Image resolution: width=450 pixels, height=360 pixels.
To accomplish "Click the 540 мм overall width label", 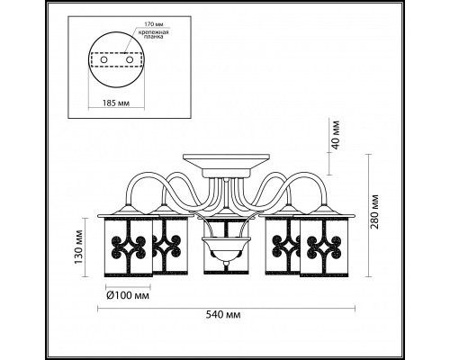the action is (223, 315).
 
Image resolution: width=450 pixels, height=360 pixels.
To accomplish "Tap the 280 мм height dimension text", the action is (374, 211).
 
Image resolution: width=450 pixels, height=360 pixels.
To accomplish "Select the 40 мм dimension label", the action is (336, 135).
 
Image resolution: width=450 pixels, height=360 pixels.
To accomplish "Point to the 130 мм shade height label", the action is (78, 247).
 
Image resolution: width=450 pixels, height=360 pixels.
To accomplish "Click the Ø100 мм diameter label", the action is (128, 296).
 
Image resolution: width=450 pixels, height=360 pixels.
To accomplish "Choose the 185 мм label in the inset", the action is (116, 103).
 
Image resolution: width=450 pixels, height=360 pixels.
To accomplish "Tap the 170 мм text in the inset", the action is (152, 24).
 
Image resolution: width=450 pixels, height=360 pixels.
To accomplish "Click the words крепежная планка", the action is (153, 34).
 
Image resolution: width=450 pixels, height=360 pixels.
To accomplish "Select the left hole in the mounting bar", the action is (103, 60).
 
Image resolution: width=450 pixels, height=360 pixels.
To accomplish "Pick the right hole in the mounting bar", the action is (130, 60).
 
